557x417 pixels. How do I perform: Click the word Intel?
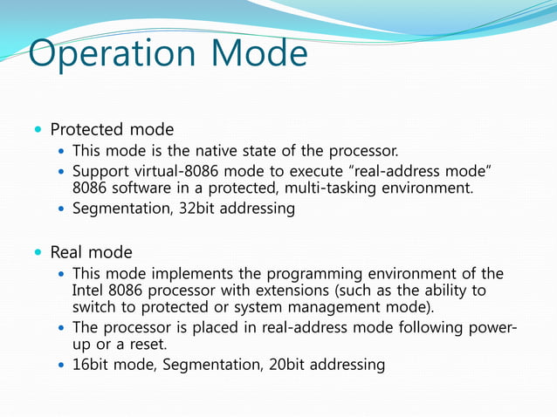88,291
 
